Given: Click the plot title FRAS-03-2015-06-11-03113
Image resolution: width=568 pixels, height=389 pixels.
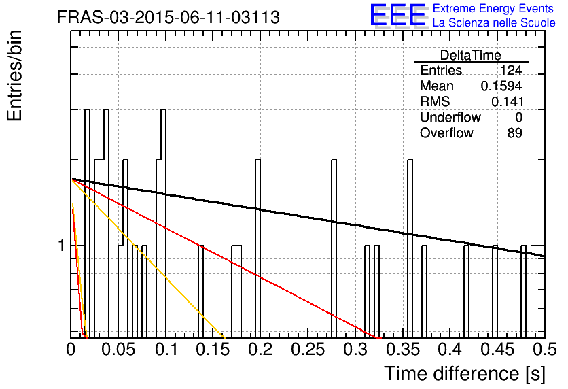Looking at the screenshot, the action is coord(168,17).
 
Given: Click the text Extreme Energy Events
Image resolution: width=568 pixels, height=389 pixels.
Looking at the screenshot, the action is coord(493,8).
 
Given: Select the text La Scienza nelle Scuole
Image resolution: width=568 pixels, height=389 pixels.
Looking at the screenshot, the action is coord(494,23).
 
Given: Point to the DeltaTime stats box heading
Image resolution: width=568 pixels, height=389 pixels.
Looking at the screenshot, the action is coord(471,55).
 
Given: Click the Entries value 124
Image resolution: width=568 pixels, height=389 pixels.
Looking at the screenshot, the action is coord(511,70).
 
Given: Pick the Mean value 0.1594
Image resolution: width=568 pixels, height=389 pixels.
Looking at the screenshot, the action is coord(501,86).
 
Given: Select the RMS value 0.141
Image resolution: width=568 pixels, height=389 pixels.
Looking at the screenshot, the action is coord(507,101).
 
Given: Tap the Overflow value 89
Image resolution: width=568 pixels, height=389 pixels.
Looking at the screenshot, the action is coord(515,133).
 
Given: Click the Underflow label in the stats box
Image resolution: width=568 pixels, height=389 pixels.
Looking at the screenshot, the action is coord(450,117).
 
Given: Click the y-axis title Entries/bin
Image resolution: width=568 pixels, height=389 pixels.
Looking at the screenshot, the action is coord(15,75).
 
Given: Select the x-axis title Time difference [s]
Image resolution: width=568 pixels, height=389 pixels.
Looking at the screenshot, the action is coord(465,374).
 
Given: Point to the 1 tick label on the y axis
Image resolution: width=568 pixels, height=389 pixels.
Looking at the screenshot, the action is coord(61,246).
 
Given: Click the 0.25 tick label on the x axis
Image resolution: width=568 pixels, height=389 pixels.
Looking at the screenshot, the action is coord(308,350).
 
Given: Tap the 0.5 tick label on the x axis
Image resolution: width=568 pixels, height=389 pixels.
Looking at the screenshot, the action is coord(544,350).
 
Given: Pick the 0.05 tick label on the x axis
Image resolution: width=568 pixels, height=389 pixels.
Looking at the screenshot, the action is coord(118,350).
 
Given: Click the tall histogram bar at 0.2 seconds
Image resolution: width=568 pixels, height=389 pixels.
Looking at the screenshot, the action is coord(258,249).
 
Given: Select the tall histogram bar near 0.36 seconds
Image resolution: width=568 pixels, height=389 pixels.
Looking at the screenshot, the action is coord(410,249).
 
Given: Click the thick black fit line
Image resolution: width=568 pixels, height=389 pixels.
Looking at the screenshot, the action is coord(308,218).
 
